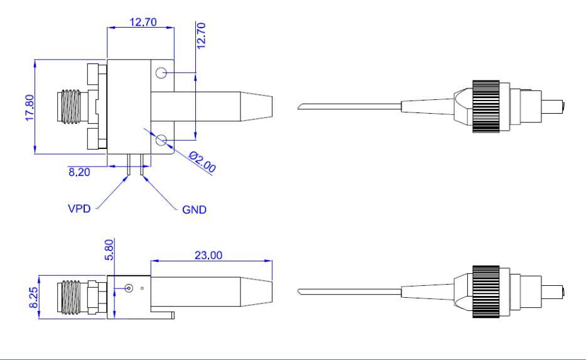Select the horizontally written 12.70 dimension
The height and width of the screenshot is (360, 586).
coord(141,22)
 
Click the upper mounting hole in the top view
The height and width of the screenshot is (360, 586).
coord(162,74)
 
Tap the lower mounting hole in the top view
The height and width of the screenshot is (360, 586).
coord(162,139)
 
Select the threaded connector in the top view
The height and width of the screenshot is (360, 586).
coord(70,106)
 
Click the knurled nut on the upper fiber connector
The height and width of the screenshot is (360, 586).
coord(486,106)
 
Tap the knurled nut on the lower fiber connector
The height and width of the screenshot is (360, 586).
coord(486,292)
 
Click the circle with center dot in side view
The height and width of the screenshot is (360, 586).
coord(129,289)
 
